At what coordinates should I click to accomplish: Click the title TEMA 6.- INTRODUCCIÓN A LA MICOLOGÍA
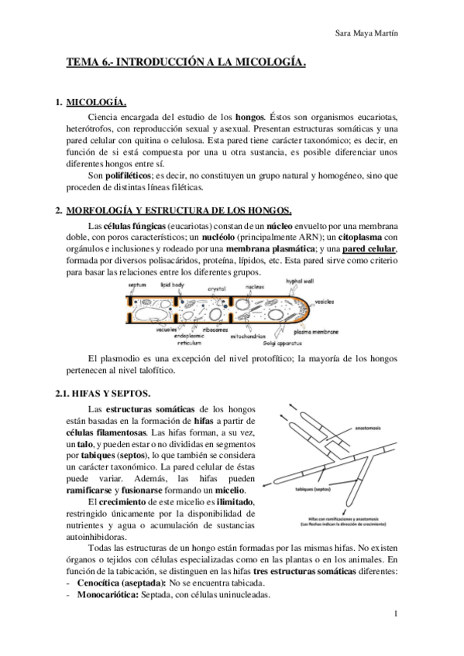[x=186, y=67]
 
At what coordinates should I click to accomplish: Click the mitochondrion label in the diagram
[x=250, y=337]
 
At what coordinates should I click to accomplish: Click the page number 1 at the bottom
[x=396, y=615]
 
